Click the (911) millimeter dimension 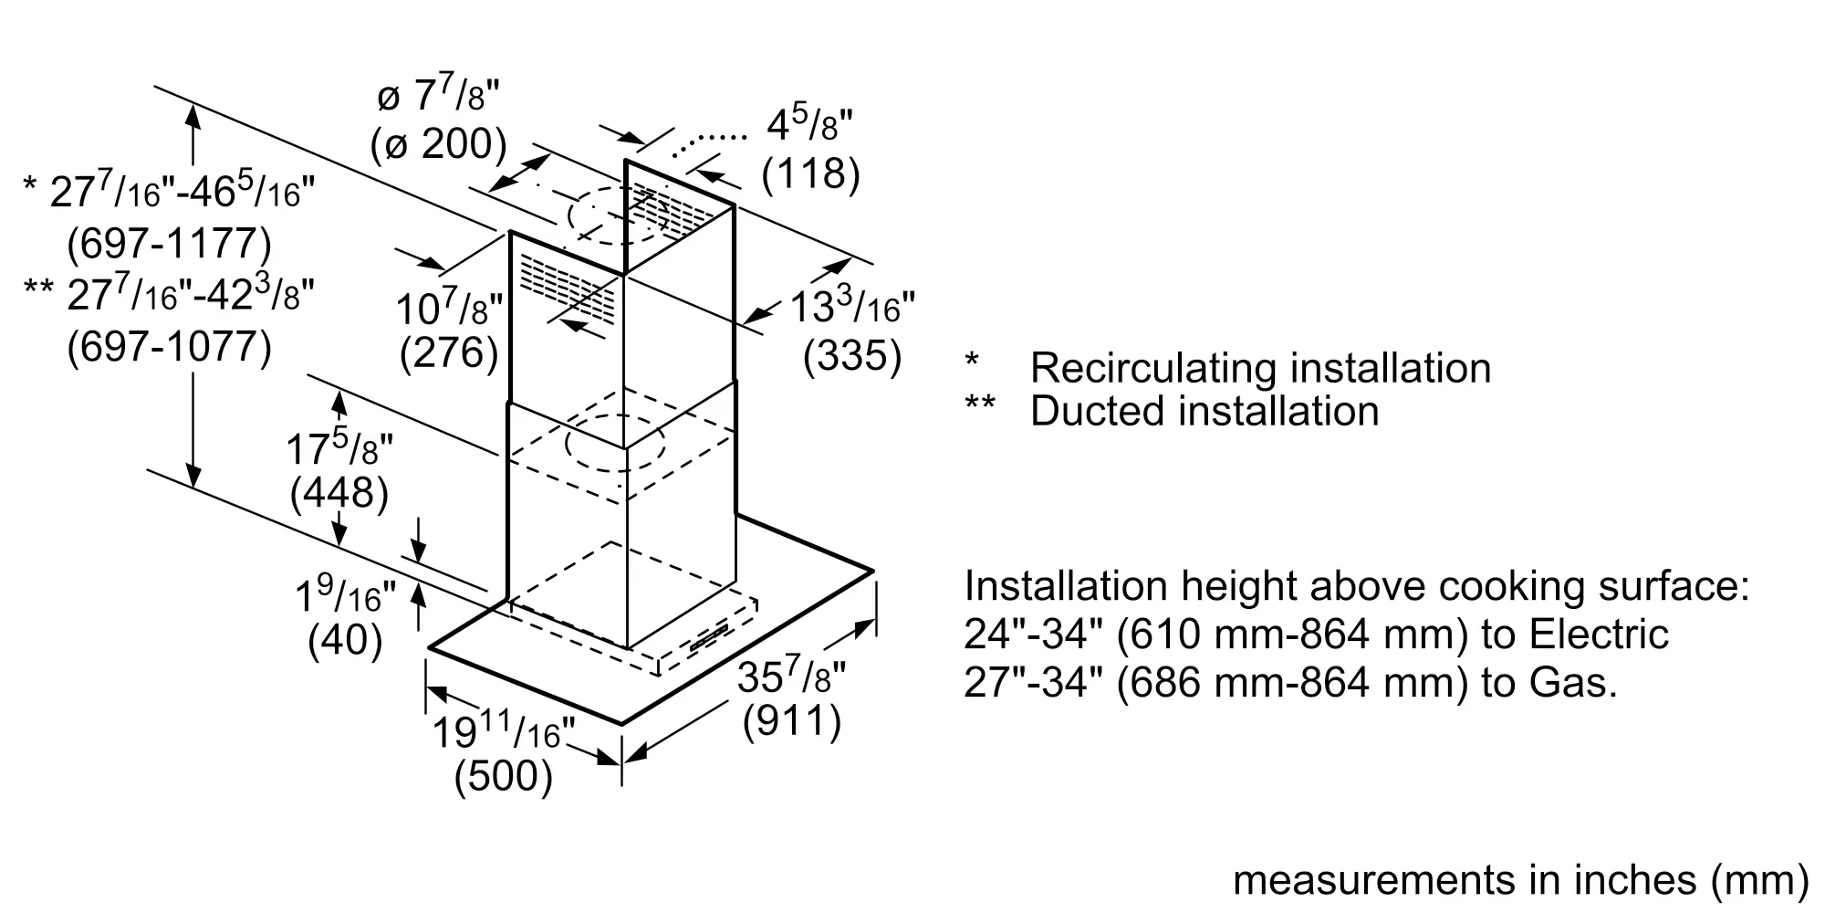tap(792, 721)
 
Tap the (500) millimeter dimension tap(504, 776)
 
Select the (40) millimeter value tap(345, 642)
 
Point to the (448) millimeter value tap(339, 493)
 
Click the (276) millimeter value tap(449, 353)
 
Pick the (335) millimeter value tap(852, 356)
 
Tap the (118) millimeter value tap(811, 173)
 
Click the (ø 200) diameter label tap(439, 143)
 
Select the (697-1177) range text tap(170, 244)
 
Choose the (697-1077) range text tap(170, 347)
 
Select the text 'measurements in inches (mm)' tap(1521, 880)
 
